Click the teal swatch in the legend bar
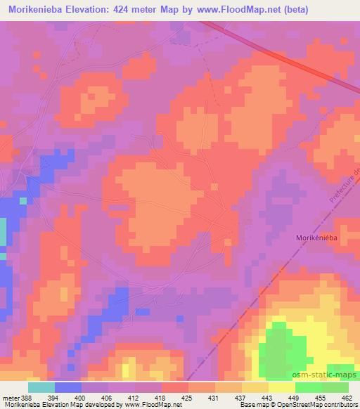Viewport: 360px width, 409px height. coord(41,387)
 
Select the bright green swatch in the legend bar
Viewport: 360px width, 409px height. coord(309,387)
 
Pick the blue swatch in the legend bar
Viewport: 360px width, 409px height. coord(68,387)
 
